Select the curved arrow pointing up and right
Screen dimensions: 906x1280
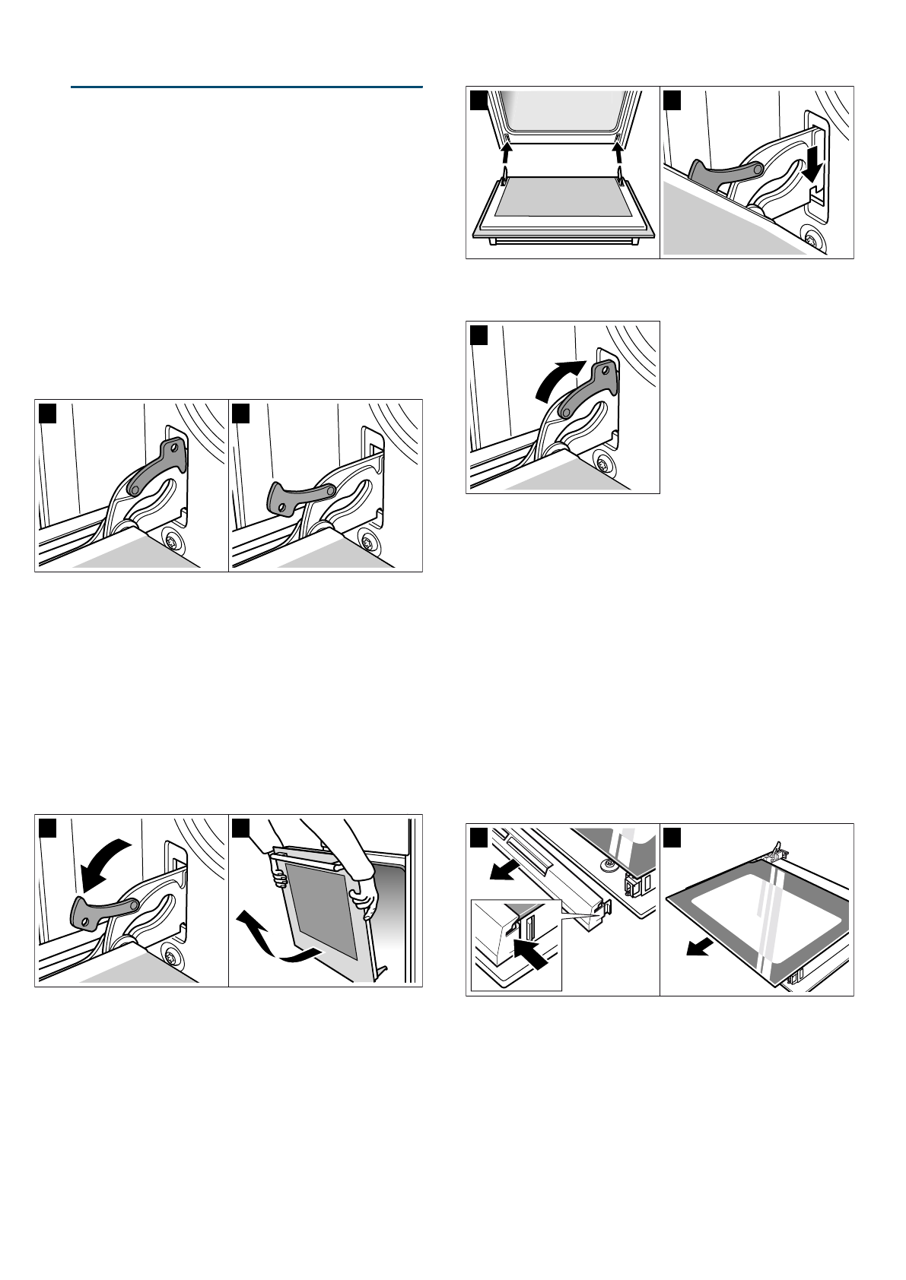pos(561,380)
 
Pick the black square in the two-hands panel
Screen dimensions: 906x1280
pos(241,827)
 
